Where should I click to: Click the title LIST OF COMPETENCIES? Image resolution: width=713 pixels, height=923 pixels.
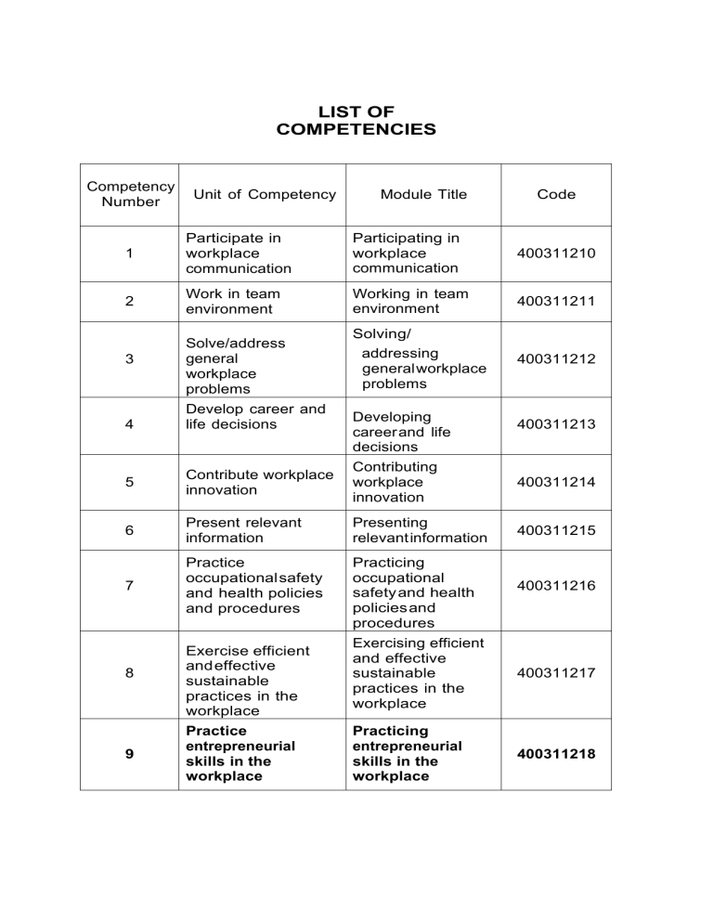(356, 120)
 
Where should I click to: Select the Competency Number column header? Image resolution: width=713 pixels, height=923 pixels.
(129, 194)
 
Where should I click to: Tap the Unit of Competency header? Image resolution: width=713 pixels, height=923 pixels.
(265, 194)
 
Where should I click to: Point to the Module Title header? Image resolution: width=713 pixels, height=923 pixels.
(424, 194)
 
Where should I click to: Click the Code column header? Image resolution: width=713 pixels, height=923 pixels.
(556, 194)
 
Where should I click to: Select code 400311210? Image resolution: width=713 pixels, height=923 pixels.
(556, 253)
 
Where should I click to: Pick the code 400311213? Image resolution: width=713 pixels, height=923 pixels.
(556, 424)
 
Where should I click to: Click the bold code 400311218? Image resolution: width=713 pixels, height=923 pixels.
(556, 754)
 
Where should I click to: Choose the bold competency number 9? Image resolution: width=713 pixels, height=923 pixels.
(129, 754)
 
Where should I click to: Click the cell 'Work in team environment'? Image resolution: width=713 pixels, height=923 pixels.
(233, 301)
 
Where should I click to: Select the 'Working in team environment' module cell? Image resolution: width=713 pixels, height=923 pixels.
(410, 301)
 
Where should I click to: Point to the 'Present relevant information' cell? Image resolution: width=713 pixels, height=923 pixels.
(243, 530)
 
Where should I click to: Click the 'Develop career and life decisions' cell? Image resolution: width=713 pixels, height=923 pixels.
(255, 417)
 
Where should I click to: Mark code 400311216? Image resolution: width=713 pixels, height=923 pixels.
(556, 586)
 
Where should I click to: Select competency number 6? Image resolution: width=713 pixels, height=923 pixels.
(129, 530)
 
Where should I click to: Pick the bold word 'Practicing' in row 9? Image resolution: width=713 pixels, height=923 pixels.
(391, 731)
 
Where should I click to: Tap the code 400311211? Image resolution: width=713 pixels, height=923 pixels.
(556, 301)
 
